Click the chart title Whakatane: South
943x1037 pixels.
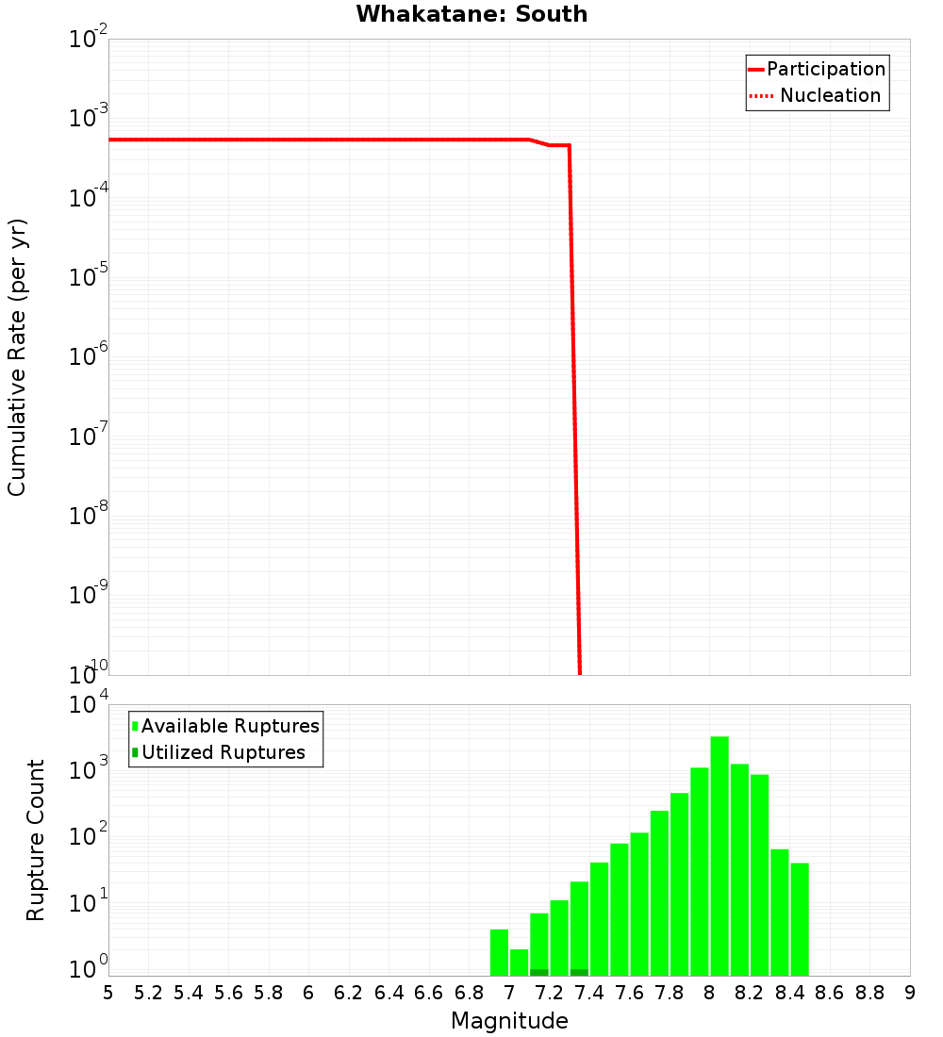click(x=471, y=14)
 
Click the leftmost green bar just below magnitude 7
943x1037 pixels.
click(x=499, y=952)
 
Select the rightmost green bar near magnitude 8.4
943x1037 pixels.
click(x=800, y=919)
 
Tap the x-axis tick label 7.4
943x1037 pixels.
click(x=588, y=993)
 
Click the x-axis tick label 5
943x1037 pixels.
click(x=108, y=993)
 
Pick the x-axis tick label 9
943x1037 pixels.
click(x=910, y=993)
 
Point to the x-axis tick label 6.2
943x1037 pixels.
click(x=349, y=993)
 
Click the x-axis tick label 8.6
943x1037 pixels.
click(x=830, y=993)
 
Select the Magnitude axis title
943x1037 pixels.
click(x=509, y=1021)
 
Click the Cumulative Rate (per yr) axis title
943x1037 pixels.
click(x=17, y=356)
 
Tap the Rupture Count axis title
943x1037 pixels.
click(x=36, y=840)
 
